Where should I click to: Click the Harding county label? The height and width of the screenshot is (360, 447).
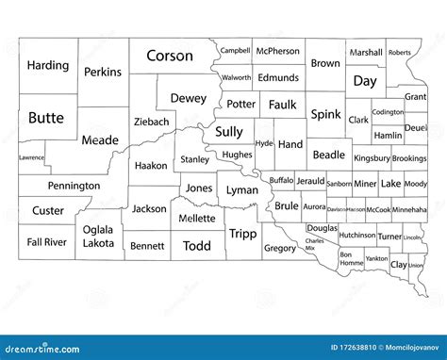pyautogui.click(x=48, y=66)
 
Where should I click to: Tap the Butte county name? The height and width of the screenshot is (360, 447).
pyautogui.click(x=46, y=118)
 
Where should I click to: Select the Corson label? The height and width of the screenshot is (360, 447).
pyautogui.click(x=170, y=57)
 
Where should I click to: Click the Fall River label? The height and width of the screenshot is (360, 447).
pyautogui.click(x=46, y=242)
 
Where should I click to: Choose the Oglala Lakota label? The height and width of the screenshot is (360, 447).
pyautogui.click(x=98, y=235)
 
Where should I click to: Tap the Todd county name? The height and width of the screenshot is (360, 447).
pyautogui.click(x=197, y=246)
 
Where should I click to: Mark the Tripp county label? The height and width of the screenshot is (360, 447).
pyautogui.click(x=242, y=234)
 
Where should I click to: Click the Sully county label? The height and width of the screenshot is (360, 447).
pyautogui.click(x=229, y=132)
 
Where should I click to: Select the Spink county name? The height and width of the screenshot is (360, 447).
pyautogui.click(x=326, y=114)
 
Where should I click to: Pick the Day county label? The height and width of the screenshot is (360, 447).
pyautogui.click(x=364, y=81)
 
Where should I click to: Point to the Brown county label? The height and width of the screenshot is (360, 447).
pyautogui.click(x=325, y=64)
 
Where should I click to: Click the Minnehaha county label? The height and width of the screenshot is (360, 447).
pyautogui.click(x=409, y=208)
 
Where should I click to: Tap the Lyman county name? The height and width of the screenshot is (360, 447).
pyautogui.click(x=242, y=190)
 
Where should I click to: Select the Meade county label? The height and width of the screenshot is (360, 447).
pyautogui.click(x=101, y=140)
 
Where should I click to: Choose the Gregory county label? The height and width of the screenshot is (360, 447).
pyautogui.click(x=280, y=249)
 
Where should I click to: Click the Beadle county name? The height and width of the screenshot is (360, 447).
pyautogui.click(x=328, y=155)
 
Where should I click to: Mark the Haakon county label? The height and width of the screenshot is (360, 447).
pyautogui.click(x=151, y=165)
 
